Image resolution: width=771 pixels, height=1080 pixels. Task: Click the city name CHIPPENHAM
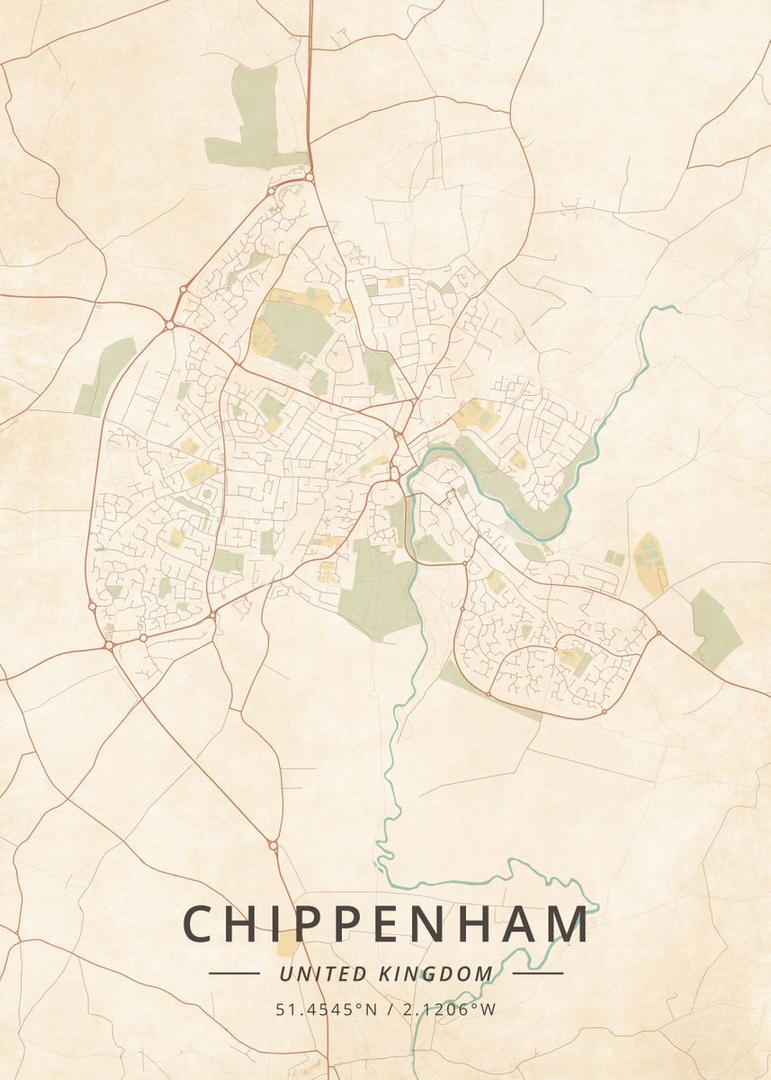386,924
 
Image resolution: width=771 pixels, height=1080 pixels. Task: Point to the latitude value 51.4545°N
327,1009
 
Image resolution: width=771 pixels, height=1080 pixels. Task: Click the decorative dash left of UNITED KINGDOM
234,973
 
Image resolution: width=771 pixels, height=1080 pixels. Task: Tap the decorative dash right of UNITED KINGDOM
538,973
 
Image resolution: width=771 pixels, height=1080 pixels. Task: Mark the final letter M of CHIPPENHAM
569,924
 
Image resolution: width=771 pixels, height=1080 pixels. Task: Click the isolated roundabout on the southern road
273,845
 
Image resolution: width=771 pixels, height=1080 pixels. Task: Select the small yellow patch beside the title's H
287,942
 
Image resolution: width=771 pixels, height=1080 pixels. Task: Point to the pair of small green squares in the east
614,558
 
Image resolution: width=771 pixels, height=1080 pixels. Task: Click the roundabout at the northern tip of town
309,177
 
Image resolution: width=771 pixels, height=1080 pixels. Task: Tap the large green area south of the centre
378,589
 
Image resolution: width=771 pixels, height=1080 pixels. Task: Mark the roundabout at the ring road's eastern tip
658,634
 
